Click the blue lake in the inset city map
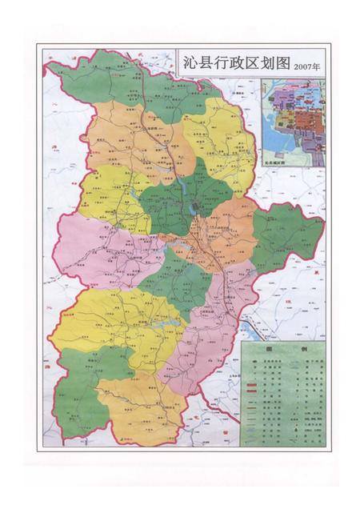(x=277, y=141)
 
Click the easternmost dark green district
(x=288, y=240)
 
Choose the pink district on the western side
(x=88, y=248)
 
